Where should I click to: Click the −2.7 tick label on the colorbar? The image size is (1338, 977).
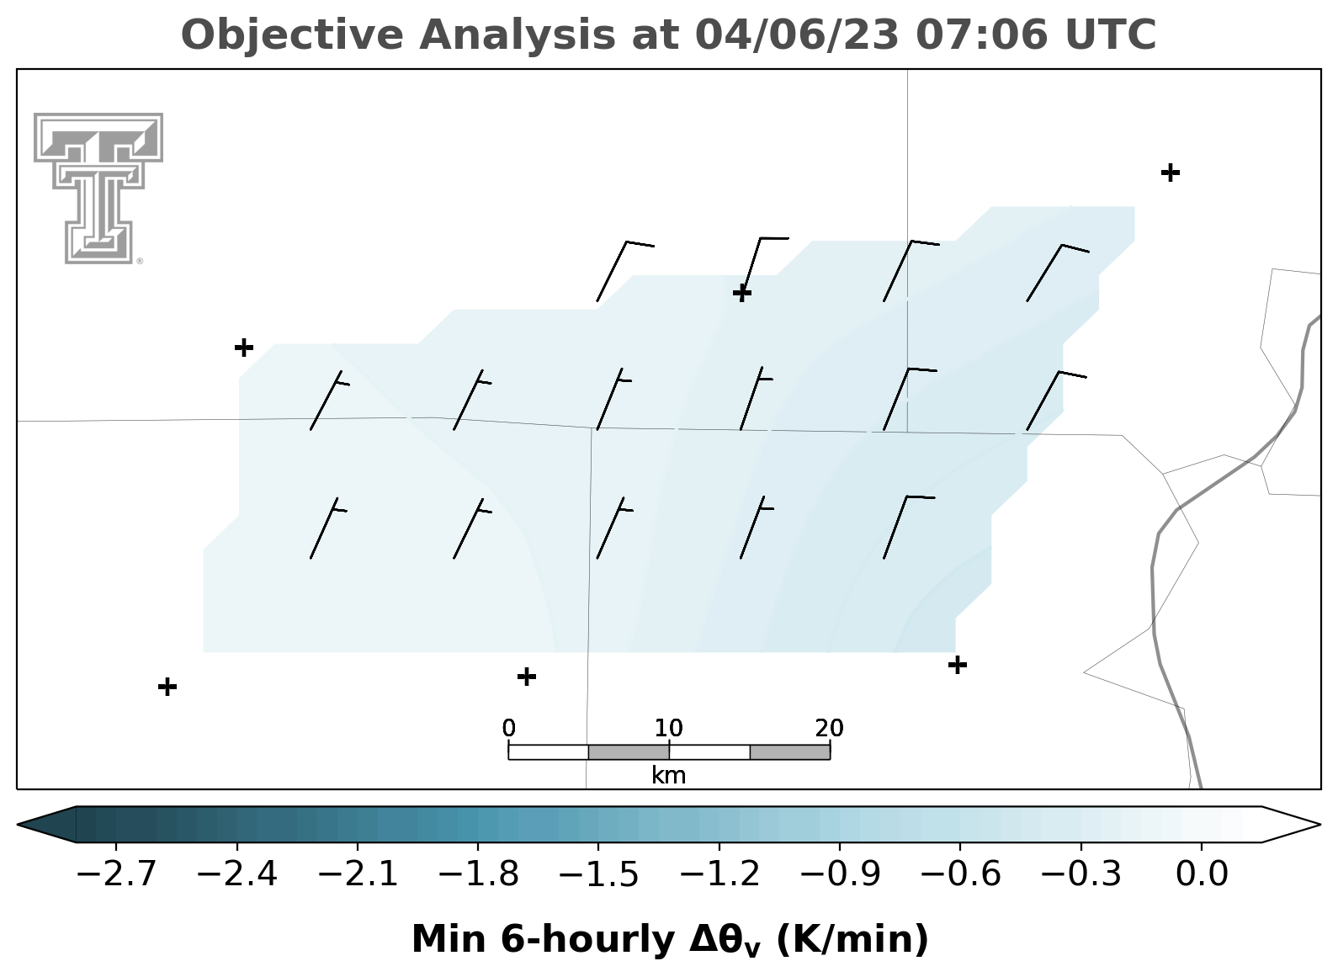116,874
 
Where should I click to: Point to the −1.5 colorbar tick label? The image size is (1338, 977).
598,874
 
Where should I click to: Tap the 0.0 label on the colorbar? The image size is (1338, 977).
1202,874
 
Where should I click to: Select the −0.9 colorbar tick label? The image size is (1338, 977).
840,874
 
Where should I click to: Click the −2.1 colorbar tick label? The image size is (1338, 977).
358,874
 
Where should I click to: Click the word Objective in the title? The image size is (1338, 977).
293,36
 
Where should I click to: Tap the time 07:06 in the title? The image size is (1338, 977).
982,35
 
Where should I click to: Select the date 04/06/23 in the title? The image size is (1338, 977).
797,35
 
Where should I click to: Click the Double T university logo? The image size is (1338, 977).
98,188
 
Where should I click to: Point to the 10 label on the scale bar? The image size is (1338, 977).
668,728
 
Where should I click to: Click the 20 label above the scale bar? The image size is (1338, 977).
829,728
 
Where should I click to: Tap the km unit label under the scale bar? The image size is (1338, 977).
668,776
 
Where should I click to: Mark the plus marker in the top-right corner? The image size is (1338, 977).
1171,173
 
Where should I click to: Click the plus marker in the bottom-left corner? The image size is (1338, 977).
167,686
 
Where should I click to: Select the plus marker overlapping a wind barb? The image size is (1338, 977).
742,293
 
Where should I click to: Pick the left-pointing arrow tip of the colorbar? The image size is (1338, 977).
18,825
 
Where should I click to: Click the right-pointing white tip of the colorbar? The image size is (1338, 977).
1319,825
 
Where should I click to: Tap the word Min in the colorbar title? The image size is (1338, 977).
449,939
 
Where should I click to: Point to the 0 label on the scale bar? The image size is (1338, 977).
508,728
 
